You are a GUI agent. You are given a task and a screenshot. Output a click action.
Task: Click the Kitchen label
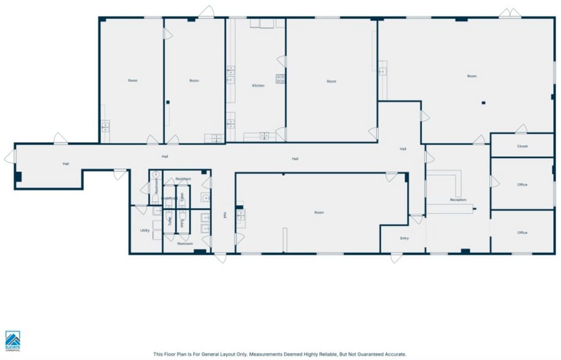[x=258, y=86]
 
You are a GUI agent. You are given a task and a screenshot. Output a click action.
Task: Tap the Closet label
[x=522, y=146]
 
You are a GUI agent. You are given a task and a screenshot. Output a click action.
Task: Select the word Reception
[x=458, y=200]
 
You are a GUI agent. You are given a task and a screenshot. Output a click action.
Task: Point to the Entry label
[x=404, y=238]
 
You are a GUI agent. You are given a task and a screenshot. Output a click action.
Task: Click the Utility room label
[x=145, y=231]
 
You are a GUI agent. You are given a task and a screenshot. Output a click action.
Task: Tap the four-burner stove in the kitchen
[x=280, y=78]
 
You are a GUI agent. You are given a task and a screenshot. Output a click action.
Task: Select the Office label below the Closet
[x=522, y=184]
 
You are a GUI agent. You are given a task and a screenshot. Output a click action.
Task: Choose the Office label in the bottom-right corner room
[x=522, y=233]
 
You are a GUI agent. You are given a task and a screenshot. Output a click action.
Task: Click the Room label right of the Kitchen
[x=331, y=81]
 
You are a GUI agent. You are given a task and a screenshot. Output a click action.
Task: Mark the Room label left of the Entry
[x=319, y=212]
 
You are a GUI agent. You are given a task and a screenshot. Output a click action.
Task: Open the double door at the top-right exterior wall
[x=510, y=13]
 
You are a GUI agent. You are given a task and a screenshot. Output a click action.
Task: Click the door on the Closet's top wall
[x=521, y=129]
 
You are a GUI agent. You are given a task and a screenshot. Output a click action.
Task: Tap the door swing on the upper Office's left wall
[x=495, y=182]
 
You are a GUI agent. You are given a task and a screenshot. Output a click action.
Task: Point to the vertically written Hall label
[x=225, y=215]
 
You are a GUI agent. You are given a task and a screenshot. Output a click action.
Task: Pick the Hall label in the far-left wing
[x=66, y=164]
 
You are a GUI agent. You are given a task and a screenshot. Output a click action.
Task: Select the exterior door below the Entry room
[x=396, y=258]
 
